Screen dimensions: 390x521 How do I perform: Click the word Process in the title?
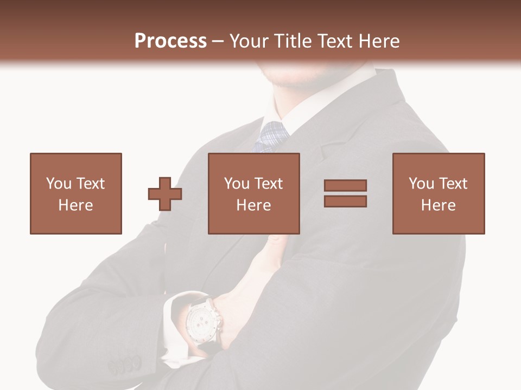170,41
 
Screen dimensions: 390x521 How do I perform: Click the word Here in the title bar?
380,41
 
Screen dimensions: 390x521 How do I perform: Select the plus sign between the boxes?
165,194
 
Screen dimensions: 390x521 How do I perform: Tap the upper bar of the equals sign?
345,185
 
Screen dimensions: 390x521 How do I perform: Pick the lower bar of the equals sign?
345,201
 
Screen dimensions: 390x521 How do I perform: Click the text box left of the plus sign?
76,194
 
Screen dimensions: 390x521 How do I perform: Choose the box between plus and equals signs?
254,194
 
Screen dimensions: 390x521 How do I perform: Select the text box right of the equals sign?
439,194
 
